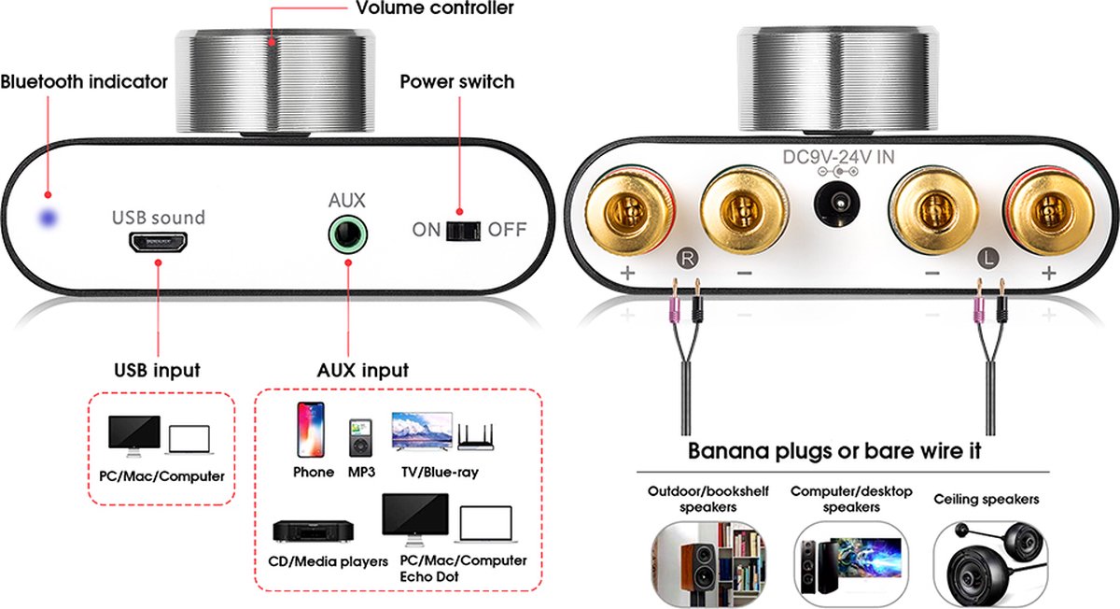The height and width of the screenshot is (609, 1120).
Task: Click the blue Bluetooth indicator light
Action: tap(49, 219)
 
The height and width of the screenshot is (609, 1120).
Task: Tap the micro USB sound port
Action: tap(159, 243)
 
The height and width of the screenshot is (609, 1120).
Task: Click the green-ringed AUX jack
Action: tap(348, 234)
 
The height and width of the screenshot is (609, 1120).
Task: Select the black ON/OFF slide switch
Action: tap(463, 231)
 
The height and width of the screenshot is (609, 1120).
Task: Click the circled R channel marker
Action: tap(688, 258)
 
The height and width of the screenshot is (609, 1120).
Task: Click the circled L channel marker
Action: tap(987, 258)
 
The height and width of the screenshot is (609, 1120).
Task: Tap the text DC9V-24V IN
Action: tap(838, 157)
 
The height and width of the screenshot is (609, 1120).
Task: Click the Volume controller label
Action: tap(435, 8)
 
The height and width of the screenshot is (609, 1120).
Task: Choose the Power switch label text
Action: tap(457, 81)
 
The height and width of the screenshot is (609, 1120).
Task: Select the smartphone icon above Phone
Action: tap(311, 430)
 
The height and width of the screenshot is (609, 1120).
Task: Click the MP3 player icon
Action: tap(360, 438)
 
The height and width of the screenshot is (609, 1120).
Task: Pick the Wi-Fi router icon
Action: tap(475, 437)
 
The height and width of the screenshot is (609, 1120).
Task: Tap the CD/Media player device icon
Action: tap(313, 531)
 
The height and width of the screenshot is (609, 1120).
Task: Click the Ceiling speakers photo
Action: tap(990, 564)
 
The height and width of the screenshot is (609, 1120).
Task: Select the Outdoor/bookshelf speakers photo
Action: tap(708, 564)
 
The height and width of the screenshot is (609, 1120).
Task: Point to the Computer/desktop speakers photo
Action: tap(851, 564)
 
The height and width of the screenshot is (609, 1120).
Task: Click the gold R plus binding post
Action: tap(630, 211)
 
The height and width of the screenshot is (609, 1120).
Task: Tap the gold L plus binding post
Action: tap(1050, 211)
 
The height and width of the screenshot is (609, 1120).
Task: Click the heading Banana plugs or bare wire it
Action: tap(834, 451)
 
